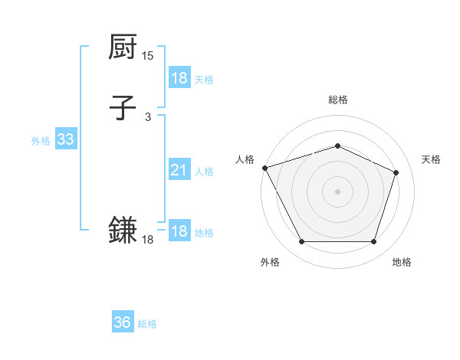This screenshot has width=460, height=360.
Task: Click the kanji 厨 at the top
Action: [123, 47]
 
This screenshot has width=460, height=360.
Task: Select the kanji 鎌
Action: [123, 230]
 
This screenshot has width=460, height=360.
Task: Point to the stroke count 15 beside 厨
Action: [148, 56]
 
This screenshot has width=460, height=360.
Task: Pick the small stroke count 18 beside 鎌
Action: [148, 240]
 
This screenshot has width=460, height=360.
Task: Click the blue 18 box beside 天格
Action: [179, 78]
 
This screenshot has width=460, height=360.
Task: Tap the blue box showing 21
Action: [179, 170]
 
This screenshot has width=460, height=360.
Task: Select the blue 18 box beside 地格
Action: [179, 231]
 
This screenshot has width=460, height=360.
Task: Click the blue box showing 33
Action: [65, 139]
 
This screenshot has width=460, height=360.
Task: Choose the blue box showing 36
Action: [123, 322]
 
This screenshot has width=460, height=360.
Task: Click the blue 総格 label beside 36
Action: [147, 324]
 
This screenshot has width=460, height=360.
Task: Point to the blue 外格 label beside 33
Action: [41, 141]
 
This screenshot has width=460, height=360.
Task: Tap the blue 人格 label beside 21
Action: [204, 172]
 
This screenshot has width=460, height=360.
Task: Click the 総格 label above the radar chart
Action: [337, 100]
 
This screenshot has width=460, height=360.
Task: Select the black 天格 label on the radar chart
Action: [431, 159]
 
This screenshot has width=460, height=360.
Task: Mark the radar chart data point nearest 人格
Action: [264, 168]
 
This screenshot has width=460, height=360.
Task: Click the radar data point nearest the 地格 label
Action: [374, 242]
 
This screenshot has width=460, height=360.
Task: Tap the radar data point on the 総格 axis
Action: [337, 146]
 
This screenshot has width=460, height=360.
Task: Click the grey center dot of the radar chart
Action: [337, 191]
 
